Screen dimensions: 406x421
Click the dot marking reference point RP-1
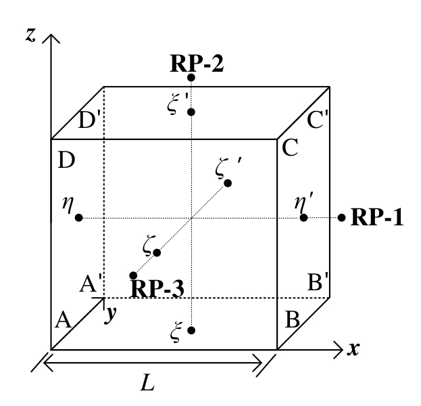342,217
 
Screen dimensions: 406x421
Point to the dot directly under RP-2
191,78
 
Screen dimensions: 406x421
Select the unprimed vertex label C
290,149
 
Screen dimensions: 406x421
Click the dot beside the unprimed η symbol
79,217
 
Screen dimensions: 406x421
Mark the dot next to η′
303,217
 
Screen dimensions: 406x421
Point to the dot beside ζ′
228,183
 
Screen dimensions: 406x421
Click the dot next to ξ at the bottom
191,330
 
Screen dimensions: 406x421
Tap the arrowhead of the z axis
51,34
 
